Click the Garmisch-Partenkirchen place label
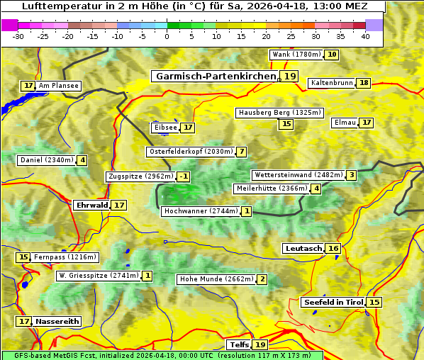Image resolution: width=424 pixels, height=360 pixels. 216,76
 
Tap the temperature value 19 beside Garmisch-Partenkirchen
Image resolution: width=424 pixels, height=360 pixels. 289,76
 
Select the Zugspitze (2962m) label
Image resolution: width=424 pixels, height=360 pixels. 140,176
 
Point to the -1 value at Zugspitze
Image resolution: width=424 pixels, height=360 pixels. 184,176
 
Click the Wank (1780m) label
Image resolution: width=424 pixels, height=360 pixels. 296,55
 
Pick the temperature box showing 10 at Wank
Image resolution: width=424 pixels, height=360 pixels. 331,55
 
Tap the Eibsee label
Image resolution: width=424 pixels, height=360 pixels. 165,128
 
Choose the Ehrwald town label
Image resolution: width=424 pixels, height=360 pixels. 91,205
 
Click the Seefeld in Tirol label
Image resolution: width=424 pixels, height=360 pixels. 333,302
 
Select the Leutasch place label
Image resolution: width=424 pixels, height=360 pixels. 303,248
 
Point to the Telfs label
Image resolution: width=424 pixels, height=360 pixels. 238,344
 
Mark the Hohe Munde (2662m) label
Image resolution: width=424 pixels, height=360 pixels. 216,279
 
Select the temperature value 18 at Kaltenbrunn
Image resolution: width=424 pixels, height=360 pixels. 364,83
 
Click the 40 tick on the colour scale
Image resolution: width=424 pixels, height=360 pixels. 365,37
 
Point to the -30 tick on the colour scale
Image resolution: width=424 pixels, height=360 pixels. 18,37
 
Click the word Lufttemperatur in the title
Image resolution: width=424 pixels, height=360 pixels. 55,6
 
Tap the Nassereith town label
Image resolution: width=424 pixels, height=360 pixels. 57,321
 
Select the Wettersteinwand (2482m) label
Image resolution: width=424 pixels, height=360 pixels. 299,175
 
